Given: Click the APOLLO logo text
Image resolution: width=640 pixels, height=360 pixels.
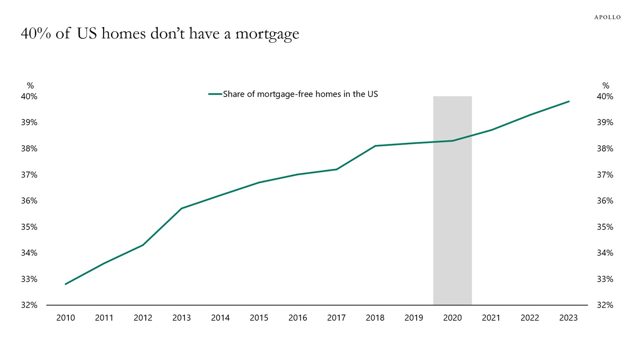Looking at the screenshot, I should pos(607,17).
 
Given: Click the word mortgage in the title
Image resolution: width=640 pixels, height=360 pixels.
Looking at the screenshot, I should pos(267,34).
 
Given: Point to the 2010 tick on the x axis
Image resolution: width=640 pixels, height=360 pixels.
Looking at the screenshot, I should pos(66,318).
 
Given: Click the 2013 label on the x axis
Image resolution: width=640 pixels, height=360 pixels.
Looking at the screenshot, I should pos(181,318).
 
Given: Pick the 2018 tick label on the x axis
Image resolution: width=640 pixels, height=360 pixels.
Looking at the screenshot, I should pos(375,318).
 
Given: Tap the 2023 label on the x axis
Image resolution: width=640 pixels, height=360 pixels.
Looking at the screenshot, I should pos(568,318).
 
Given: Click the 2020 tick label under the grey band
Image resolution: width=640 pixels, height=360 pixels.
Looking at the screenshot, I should pos(452,318).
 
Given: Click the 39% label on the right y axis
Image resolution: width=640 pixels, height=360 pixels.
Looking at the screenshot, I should pos(604,122).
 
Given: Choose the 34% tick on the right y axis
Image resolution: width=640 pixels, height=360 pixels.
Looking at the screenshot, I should pos(604,253).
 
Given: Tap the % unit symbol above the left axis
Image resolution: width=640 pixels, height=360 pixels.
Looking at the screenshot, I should pos(30,86).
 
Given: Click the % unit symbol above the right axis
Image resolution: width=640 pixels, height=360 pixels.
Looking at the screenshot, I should pos(606,86).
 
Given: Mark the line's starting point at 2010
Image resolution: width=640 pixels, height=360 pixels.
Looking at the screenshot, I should pos(66,284).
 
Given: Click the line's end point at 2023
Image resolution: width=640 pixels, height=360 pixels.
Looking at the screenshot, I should pos(569,101).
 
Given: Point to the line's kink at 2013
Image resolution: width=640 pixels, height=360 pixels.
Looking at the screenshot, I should pos(181,208).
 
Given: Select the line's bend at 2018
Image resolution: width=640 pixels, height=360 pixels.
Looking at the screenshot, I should pos(375,146).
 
